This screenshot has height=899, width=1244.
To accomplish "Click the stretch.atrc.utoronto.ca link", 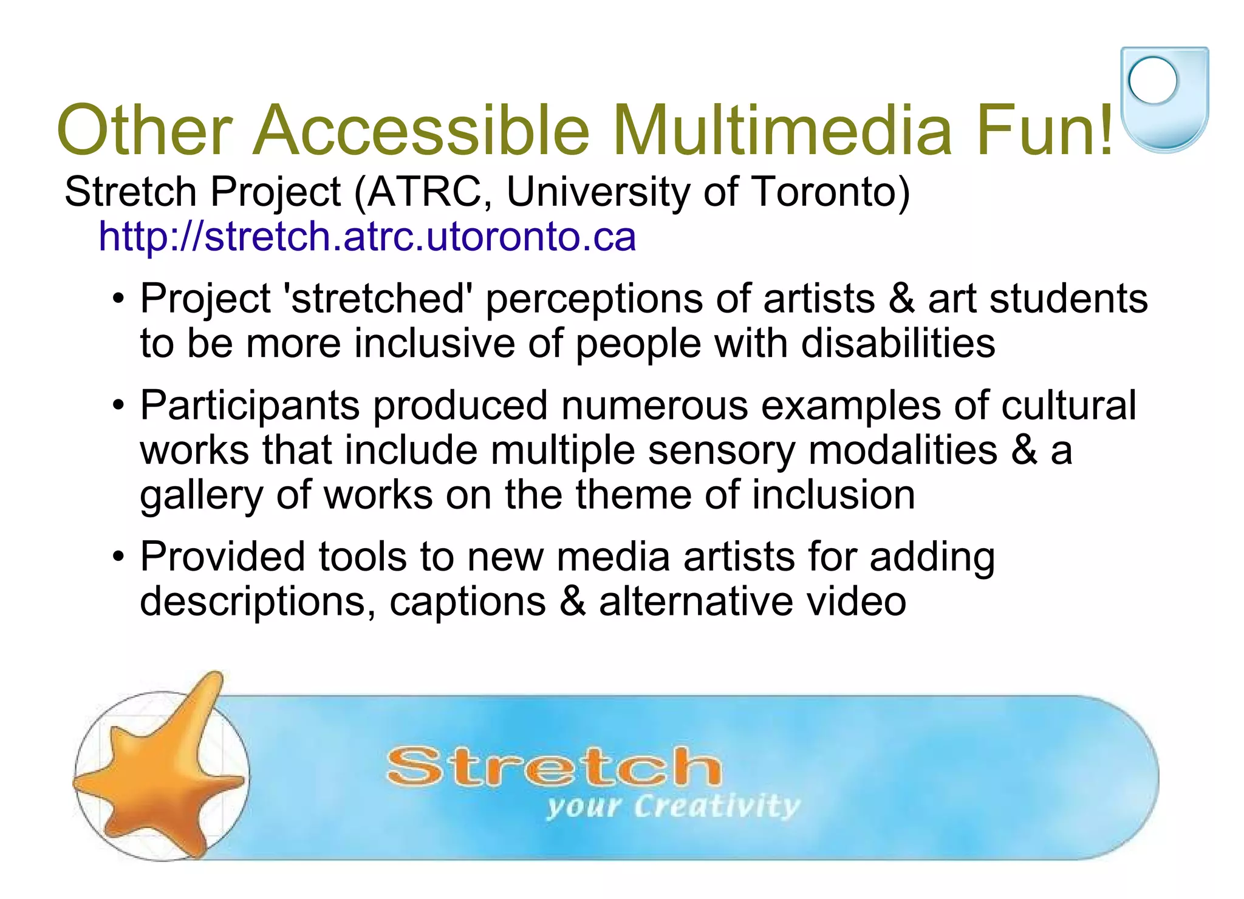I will pos(367,236).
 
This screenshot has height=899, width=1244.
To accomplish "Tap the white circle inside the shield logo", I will pos(1153,80).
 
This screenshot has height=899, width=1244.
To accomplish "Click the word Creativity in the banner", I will pos(717,807).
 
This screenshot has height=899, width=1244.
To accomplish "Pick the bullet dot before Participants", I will pos(118,405).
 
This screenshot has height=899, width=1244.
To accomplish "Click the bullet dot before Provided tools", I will pos(118,556).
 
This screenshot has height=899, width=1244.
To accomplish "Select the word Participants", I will pos(250,406).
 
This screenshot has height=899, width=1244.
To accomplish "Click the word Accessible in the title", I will pos(421,131).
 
